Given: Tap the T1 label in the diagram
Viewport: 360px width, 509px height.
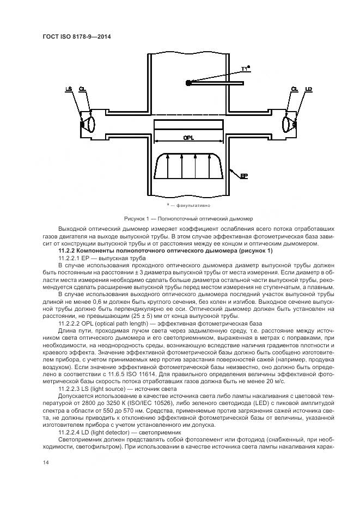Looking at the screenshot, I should [x=246, y=69].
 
